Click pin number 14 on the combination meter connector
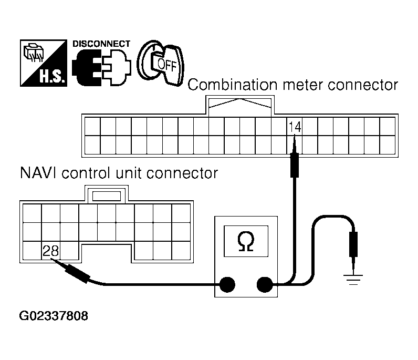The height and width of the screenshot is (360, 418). pos(294,126)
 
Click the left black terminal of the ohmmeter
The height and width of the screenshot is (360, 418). pos(227,285)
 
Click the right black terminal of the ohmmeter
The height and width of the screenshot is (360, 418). pos(264,285)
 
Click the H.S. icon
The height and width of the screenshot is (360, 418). pos(44,63)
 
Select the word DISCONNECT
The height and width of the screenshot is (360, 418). pos(101,44)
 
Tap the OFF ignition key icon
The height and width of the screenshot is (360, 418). pos(162,61)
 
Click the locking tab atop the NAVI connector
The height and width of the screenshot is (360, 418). pos(105,196)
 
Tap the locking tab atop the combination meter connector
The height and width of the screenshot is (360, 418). pos(240,105)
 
